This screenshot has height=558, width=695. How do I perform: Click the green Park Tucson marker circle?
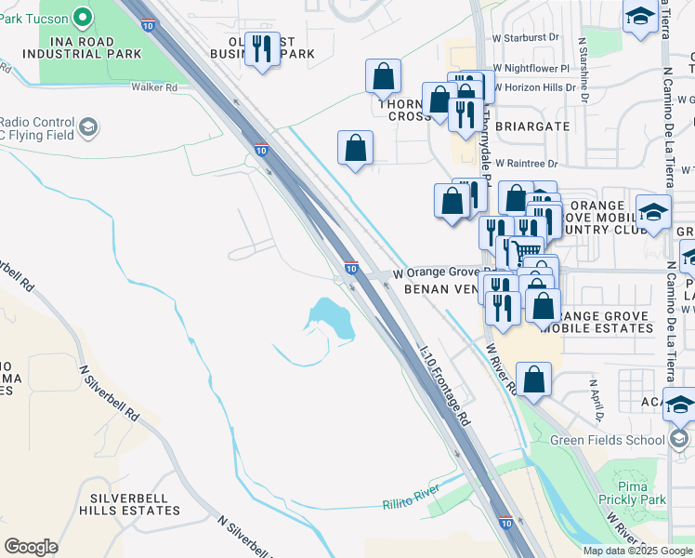point(82,16)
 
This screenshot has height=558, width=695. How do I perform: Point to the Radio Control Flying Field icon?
point(88,127)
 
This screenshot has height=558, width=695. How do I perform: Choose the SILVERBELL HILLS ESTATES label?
point(129,504)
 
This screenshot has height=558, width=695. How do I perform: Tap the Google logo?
point(31,547)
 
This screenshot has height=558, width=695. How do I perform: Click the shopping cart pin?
point(527,250)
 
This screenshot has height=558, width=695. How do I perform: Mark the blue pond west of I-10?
point(333,318)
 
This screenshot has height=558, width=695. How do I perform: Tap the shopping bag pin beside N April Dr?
point(533,379)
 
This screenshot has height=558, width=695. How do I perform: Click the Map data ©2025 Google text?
point(637,551)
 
